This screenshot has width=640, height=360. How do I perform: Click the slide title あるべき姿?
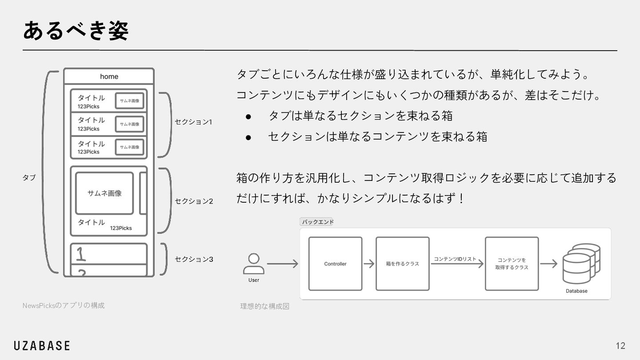pos(76,31)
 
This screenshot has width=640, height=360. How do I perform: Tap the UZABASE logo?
pos(42,345)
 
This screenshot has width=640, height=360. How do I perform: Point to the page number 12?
pos(620,346)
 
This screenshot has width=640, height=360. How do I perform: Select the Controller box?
pos(335,264)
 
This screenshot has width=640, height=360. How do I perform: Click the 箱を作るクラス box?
pos(402,264)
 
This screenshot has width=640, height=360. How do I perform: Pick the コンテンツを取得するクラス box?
pos(512,264)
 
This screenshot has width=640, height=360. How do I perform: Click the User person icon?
pos(254,264)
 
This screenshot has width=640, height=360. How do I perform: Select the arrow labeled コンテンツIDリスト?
pos(457,264)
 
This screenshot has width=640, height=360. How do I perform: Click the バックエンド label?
pos(317,222)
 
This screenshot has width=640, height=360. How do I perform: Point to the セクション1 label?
pos(194,122)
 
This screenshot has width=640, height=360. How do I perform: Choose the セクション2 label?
pos(194,201)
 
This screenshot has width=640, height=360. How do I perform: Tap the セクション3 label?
pos(194,259)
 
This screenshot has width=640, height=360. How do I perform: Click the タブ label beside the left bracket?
pos(29,177)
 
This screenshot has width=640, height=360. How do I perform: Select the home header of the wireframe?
pos(109,76)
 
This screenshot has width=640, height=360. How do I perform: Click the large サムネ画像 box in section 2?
pos(104,193)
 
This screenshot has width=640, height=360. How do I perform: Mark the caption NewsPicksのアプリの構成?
pos(64,305)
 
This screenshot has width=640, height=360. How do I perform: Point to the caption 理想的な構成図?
pos(265,306)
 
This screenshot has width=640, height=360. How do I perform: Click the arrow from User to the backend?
pos(283,264)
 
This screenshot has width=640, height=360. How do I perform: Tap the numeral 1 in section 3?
pos(81,254)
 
